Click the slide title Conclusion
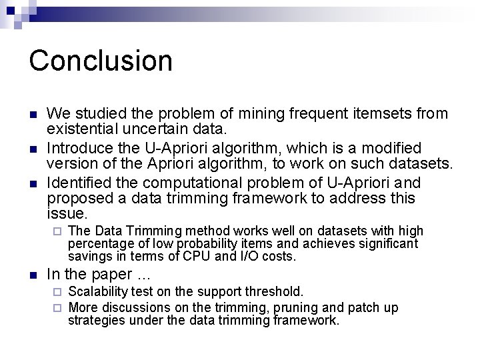click(x=101, y=61)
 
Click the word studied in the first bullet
click(x=96, y=114)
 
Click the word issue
click(x=67, y=213)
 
